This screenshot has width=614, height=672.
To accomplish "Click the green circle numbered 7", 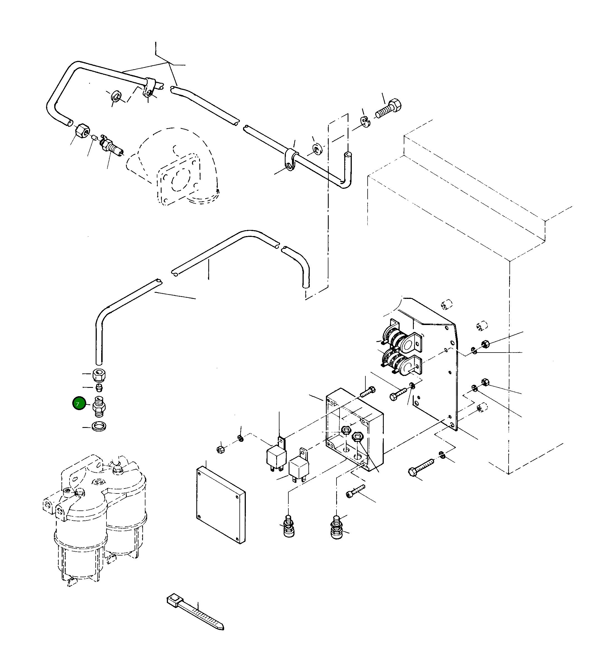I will [x=79, y=404].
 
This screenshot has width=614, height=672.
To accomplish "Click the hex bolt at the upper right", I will [x=389, y=109].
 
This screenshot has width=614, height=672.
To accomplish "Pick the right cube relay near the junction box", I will [x=299, y=466].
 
